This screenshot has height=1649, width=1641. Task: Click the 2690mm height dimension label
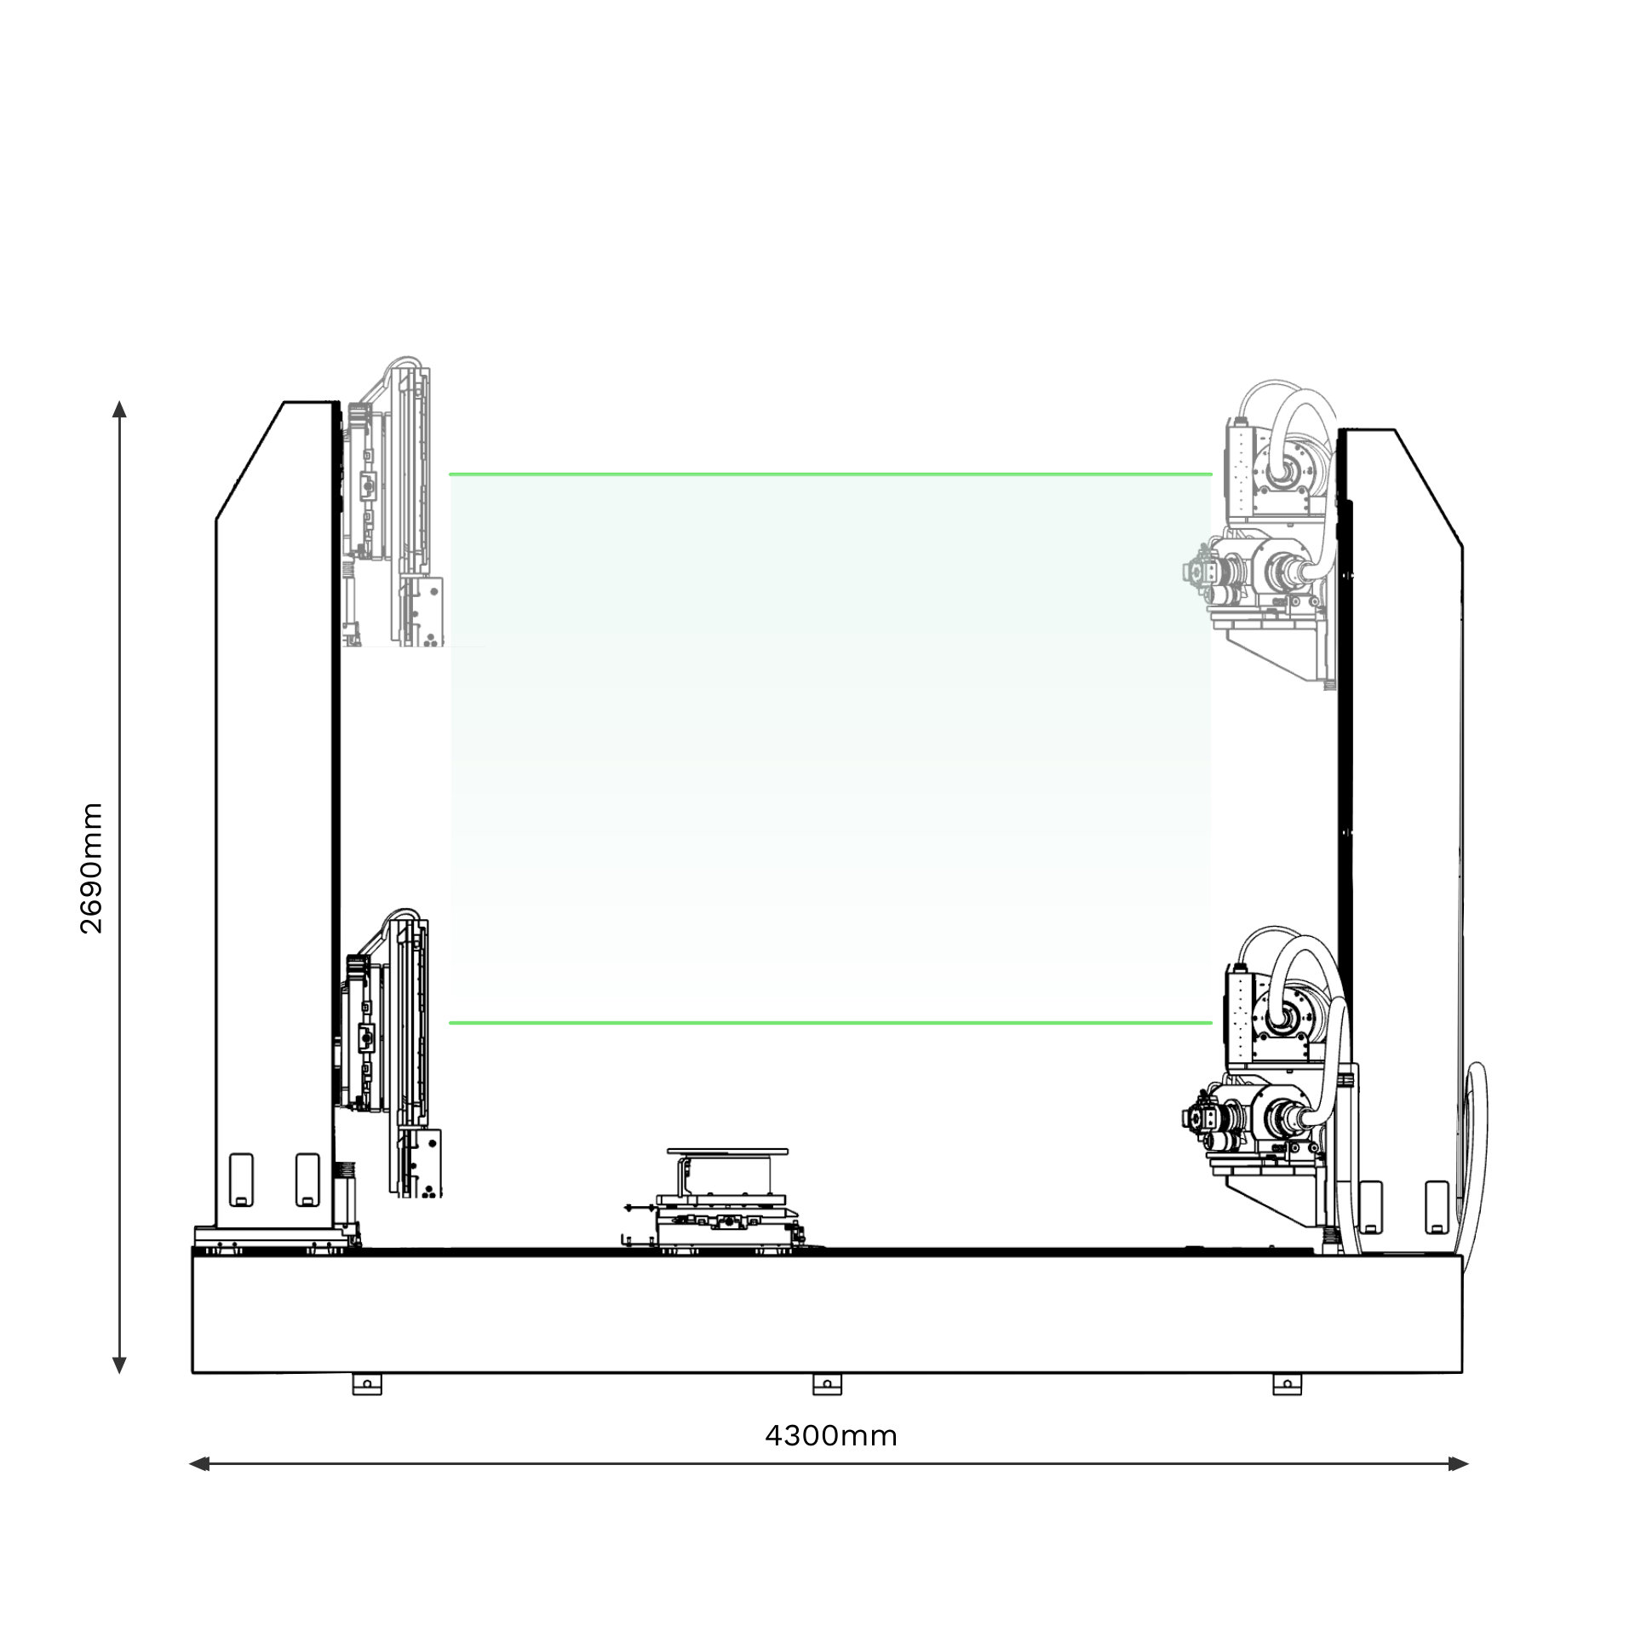90,868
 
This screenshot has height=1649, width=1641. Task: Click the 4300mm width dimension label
831,1435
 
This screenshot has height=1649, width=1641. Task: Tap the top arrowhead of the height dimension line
119,409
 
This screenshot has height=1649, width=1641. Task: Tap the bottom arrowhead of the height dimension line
119,1365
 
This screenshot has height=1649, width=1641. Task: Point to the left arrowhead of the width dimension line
198,1464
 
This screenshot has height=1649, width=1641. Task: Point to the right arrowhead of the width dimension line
1459,1464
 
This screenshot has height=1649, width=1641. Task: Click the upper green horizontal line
830,474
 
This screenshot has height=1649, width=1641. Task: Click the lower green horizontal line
830,1022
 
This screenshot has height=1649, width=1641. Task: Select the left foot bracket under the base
367,1384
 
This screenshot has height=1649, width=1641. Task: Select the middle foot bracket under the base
827,1384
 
